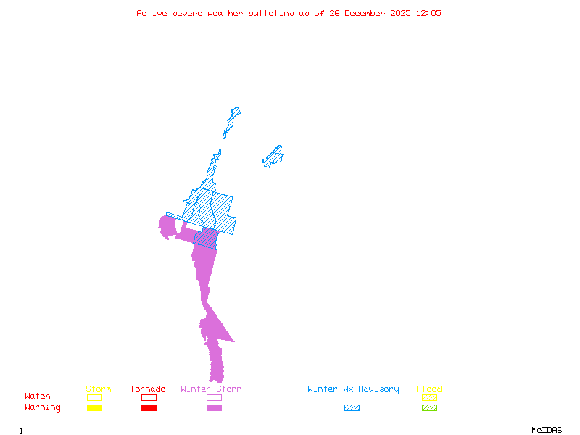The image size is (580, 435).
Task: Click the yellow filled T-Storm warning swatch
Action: tap(94, 407)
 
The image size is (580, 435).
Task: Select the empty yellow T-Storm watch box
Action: tap(94, 397)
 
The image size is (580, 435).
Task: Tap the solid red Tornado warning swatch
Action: tap(149, 407)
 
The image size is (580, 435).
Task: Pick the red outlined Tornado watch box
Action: tap(149, 397)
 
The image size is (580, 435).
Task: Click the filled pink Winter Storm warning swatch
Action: tap(214, 407)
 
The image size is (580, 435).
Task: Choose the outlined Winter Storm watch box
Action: tap(214, 397)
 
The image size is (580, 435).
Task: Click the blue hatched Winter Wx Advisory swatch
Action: tap(352, 407)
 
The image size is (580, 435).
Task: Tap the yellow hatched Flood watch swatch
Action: tap(429, 397)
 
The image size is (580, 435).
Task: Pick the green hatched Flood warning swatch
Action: tap(429, 407)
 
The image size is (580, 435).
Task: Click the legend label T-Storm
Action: tap(94, 389)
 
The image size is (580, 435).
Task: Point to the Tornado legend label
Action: tap(148, 389)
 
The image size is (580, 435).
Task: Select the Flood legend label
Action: tap(428, 389)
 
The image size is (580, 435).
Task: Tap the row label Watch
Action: tap(38, 397)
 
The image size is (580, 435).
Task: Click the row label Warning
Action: tap(43, 407)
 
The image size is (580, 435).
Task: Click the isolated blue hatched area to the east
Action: tap(273, 156)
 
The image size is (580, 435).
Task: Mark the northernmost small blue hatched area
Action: tap(231, 121)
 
